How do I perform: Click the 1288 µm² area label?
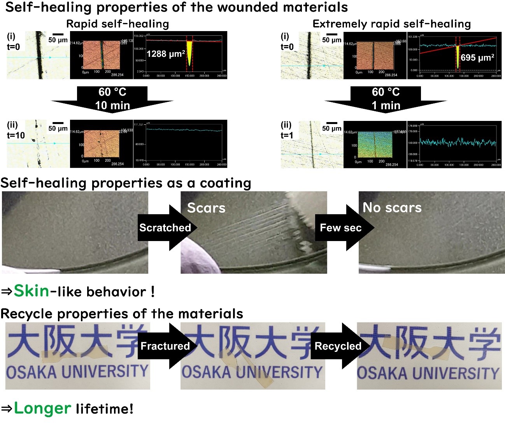point(166,54)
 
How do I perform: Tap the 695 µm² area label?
point(477,58)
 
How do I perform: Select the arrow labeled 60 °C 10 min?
point(112,99)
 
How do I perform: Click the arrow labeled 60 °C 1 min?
point(386,99)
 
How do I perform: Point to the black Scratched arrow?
point(166,227)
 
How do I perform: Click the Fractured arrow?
point(165,346)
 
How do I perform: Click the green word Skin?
point(32,291)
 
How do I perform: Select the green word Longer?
point(42,408)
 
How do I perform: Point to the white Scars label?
point(206,208)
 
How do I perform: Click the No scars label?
point(392,208)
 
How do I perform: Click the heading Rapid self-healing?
point(117,24)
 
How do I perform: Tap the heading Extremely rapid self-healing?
point(391,24)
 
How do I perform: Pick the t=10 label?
point(16,135)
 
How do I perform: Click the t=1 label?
point(287,135)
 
